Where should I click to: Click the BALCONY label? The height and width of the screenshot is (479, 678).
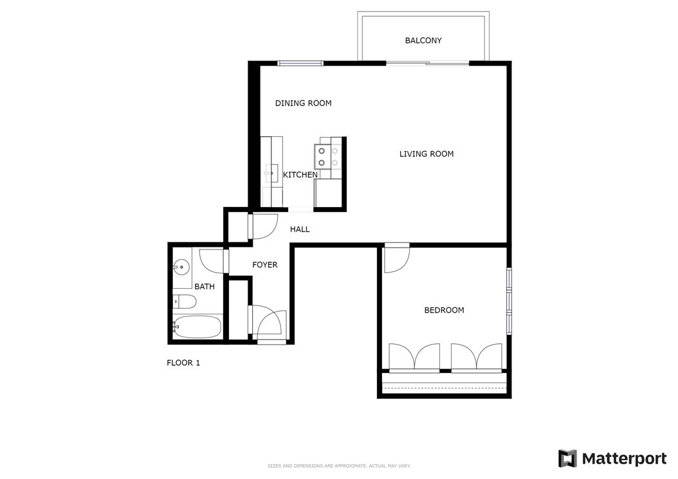tap(423, 41)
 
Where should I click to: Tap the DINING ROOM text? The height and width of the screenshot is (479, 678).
tap(303, 104)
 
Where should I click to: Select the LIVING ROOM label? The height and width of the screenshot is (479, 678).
tap(426, 154)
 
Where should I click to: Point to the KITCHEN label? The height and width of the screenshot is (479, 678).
tap(300, 175)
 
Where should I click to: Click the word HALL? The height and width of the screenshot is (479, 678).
tap(300, 229)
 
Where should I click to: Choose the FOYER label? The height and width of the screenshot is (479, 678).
tap(264, 264)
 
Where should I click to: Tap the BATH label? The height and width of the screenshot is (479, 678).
tap(205, 286)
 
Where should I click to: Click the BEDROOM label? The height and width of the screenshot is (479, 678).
tap(444, 310)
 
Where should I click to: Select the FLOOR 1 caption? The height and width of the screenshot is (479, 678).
tap(183, 363)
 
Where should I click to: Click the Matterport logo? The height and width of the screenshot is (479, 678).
tap(612, 458)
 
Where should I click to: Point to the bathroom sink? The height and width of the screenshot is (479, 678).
tap(181, 267)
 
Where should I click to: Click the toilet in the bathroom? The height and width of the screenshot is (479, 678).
tap(185, 302)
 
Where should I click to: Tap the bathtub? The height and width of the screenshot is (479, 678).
tap(197, 327)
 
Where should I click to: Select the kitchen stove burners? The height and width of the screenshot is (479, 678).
tap(327, 156)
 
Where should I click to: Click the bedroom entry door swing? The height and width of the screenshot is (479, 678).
tap(396, 258)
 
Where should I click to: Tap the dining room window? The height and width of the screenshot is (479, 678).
tap(300, 63)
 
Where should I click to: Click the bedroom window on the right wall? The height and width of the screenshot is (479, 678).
tap(509, 301)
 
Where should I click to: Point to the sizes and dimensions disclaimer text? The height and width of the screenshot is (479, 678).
tap(339, 466)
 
